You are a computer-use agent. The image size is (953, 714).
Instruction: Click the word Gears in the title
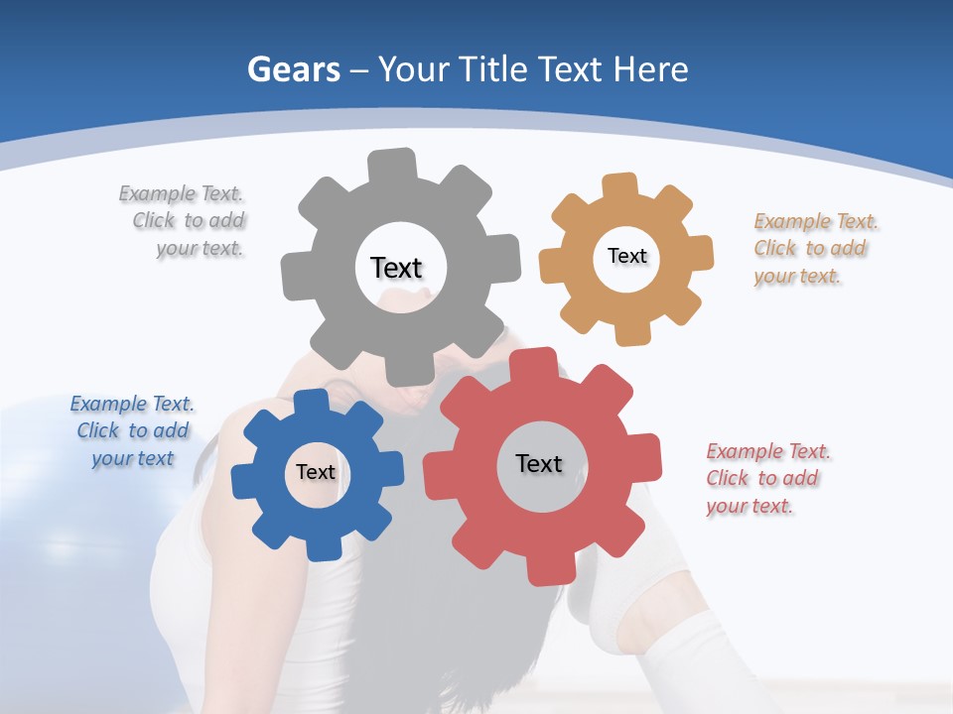point(293,70)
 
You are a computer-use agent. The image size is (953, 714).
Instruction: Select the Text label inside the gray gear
point(396,268)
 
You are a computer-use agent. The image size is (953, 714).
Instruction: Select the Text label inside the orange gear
point(626,256)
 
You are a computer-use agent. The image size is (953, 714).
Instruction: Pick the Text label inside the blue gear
point(316,472)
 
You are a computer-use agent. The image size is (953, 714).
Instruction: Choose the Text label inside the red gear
point(539,463)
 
